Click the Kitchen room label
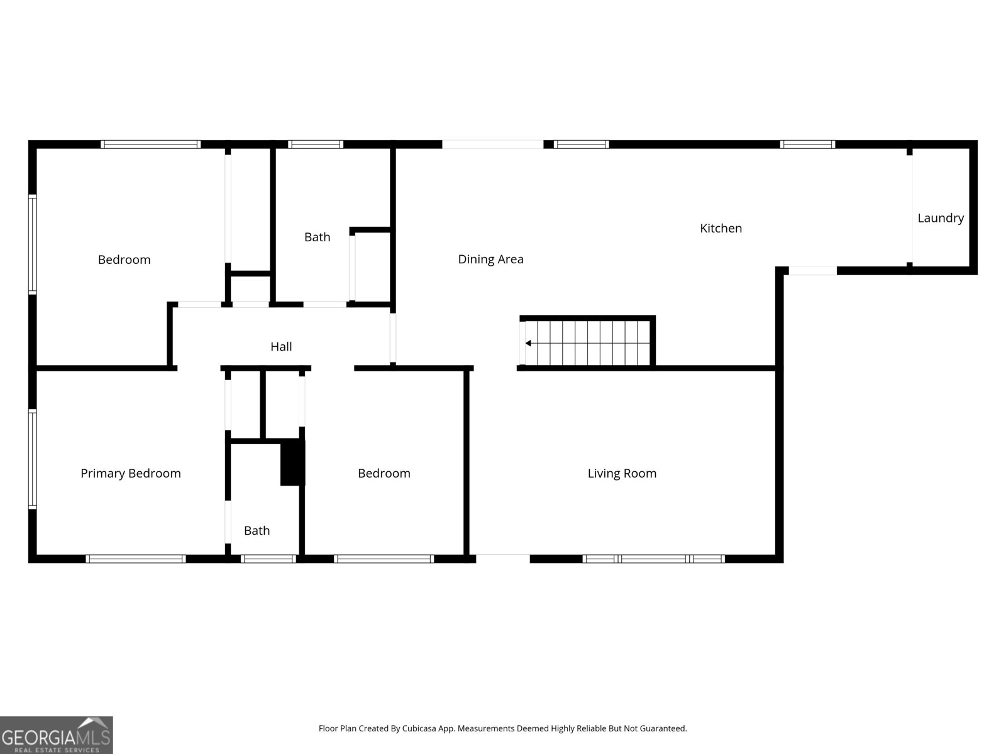[x=721, y=228]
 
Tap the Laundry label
[x=940, y=218]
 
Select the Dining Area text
[x=490, y=259]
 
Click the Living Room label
[x=622, y=473]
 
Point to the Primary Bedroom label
[x=130, y=473]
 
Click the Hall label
[x=281, y=346]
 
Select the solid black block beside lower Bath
[x=292, y=462]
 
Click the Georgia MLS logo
[x=56, y=735]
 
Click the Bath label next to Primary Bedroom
[x=257, y=530]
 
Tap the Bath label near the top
[x=317, y=237]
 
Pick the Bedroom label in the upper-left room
[x=124, y=260]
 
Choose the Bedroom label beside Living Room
[x=384, y=473]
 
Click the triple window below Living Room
[x=654, y=559]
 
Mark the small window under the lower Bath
[x=268, y=559]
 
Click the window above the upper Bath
[x=316, y=145]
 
